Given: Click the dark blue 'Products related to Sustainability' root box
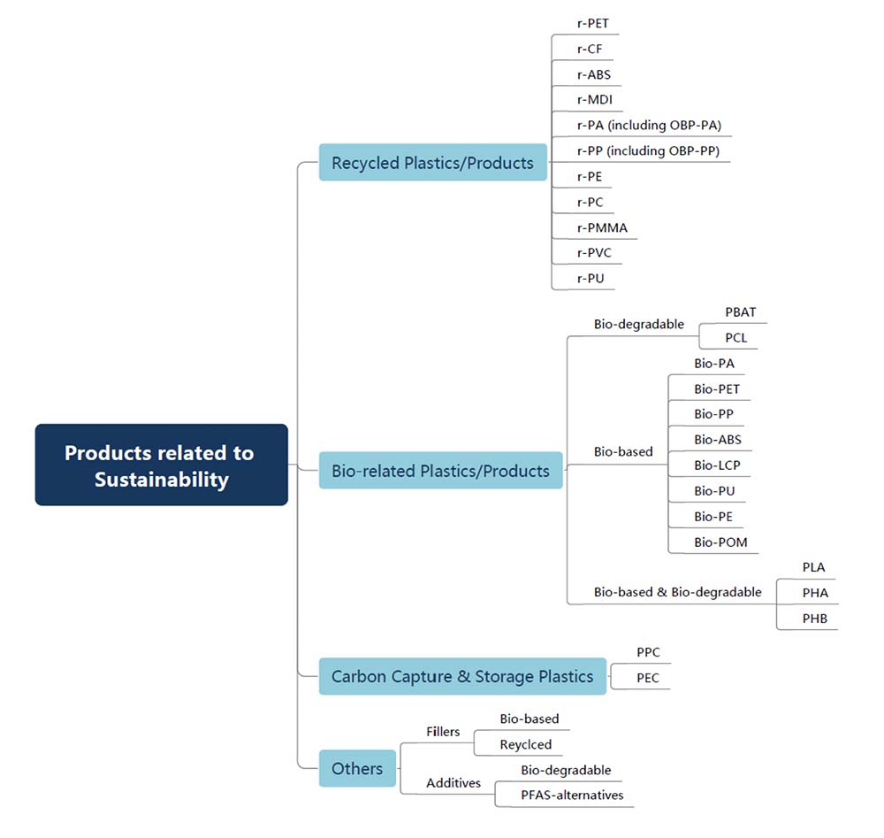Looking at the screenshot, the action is tap(161, 465).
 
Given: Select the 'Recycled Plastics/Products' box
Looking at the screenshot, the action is tap(433, 163).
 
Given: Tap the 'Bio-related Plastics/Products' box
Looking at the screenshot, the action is tap(441, 470).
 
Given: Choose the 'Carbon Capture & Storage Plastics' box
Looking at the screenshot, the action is tap(463, 676).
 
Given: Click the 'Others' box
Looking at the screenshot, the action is tap(357, 768).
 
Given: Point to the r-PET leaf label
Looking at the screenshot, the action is tap(593, 23).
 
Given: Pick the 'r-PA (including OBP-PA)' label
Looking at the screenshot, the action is tap(649, 125).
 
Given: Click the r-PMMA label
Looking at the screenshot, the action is tap(602, 227).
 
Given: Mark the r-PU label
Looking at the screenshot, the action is tap(591, 278).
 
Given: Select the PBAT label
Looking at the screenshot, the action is tap(740, 312).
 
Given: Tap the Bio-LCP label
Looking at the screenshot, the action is tap(717, 465).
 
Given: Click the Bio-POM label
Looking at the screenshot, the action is tap(720, 542).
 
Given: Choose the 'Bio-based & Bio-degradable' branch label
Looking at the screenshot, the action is tap(678, 592).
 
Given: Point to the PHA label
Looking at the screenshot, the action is tap(815, 593).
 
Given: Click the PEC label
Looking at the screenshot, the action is tap(648, 678).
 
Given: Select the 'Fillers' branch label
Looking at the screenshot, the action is tap(443, 731).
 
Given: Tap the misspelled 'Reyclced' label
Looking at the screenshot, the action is tap(525, 744).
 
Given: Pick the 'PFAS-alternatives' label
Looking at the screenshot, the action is tap(572, 796).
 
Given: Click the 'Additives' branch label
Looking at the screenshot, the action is tap(453, 783).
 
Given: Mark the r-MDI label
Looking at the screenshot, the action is tap(595, 99).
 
